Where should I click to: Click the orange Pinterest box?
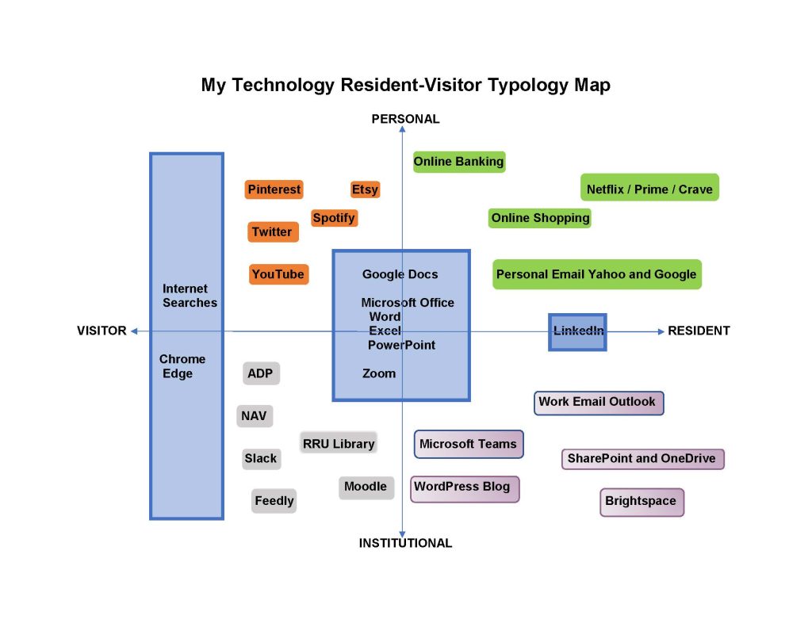[x=274, y=189]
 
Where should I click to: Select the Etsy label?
[x=365, y=189]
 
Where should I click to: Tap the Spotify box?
[x=334, y=218]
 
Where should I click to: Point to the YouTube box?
[x=278, y=274]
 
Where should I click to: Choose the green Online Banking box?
[x=458, y=162]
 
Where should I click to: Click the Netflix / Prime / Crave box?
[x=649, y=189]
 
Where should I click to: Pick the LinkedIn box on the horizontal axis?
[x=578, y=331]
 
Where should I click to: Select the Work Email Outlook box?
[x=599, y=402]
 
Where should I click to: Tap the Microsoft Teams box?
[x=468, y=444]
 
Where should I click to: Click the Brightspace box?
[x=641, y=501]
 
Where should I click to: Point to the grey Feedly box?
[x=274, y=501]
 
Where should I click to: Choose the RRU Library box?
[x=339, y=444]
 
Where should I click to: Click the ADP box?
[x=261, y=373]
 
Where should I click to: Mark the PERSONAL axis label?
[x=405, y=119]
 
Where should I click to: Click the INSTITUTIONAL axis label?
[x=405, y=543]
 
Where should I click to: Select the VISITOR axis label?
[x=101, y=331]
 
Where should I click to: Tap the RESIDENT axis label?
[x=699, y=331]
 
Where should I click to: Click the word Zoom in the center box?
[x=379, y=373]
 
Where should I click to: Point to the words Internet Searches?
[x=190, y=296]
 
